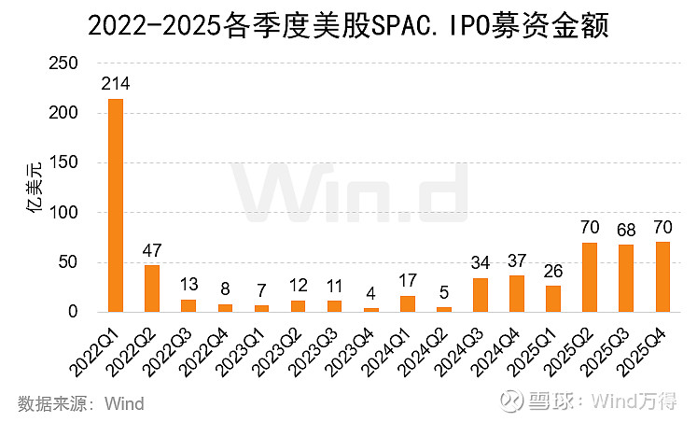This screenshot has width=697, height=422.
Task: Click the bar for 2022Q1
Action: tap(116, 205)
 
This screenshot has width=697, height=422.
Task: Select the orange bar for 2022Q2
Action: tap(152, 288)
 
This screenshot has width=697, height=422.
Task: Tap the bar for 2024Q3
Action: tap(481, 295)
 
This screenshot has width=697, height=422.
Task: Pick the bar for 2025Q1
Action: tap(553, 299)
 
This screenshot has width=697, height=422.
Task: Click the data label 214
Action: tap(116, 85)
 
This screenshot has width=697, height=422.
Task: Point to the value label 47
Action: tap(152, 251)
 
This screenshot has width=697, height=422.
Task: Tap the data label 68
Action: tap(626, 230)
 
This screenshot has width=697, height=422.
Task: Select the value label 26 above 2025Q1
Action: tap(553, 272)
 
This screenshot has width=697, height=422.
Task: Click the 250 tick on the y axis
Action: tap(63, 63)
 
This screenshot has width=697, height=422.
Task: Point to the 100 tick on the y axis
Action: tap(63, 213)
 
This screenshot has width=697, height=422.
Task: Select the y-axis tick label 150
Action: tap(63, 163)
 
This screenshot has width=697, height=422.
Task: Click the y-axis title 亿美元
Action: tap(34, 188)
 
